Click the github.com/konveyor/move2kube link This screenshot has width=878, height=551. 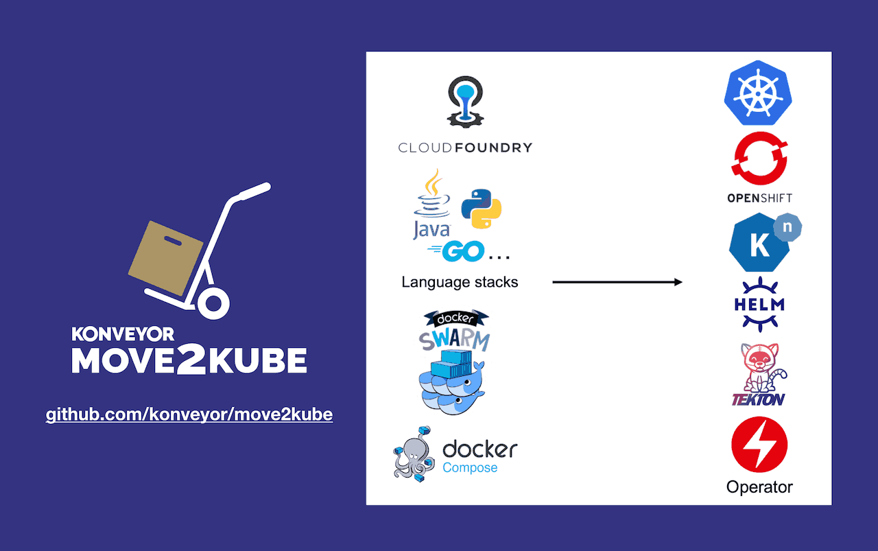tap(189, 414)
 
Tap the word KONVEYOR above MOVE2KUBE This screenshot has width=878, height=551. tap(123, 334)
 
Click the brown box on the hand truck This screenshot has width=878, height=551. tap(165, 257)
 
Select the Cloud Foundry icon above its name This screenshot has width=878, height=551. tap(466, 102)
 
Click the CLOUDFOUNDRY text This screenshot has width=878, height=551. tap(465, 148)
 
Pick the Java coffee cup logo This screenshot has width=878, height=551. tap(432, 203)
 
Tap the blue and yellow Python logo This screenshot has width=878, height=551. tap(481, 209)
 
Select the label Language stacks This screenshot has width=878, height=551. tap(460, 282)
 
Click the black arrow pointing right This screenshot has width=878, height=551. tap(617, 282)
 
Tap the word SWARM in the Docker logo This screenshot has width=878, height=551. tap(455, 339)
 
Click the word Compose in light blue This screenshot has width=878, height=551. tap(470, 468)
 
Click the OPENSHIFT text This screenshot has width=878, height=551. tap(759, 198)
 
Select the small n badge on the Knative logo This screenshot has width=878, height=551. tap(787, 226)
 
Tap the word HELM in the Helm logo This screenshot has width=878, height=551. tap(759, 304)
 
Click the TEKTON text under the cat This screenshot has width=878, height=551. tap(758, 399)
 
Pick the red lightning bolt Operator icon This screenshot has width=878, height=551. tap(759, 445)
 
